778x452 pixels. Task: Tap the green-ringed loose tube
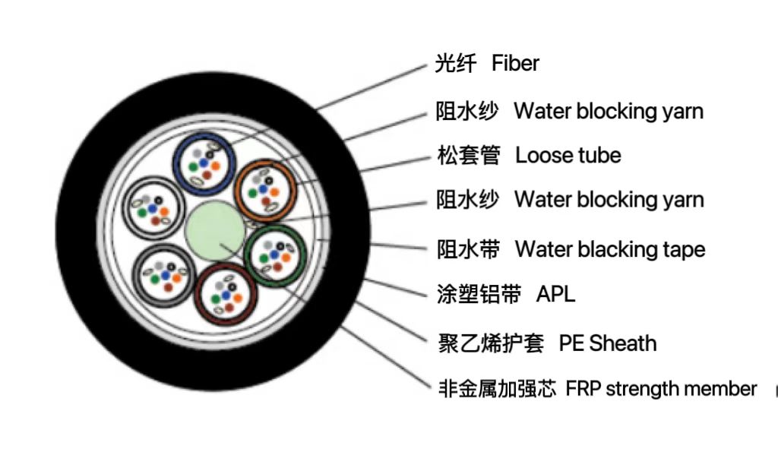pyautogui.click(x=276, y=253)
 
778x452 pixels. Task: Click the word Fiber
pyautogui.click(x=515, y=63)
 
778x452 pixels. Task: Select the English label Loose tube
pyautogui.click(x=568, y=156)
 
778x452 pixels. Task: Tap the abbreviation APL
pyautogui.click(x=555, y=294)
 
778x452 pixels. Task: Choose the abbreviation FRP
pyautogui.click(x=582, y=389)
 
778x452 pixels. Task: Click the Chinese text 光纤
pyautogui.click(x=455, y=64)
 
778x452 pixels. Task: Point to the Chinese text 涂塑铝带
pyautogui.click(x=479, y=295)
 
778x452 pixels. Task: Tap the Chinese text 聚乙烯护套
pyautogui.click(x=491, y=343)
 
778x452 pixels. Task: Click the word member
pyautogui.click(x=720, y=389)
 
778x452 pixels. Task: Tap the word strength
pyautogui.click(x=642, y=390)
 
